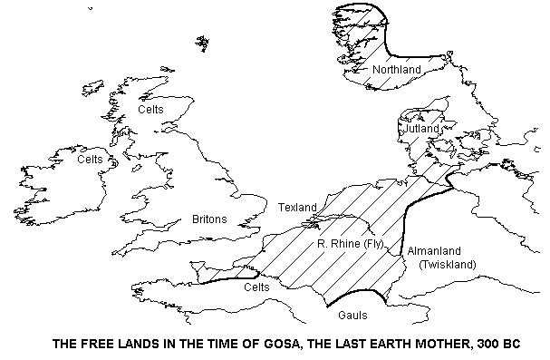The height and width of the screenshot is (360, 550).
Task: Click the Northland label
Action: tap(396, 69)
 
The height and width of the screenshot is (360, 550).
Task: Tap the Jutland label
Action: tap(421, 130)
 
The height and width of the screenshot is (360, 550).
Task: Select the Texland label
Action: tap(297, 208)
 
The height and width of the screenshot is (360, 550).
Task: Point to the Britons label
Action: tap(209, 219)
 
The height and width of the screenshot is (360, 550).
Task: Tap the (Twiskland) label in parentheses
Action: tap(447, 264)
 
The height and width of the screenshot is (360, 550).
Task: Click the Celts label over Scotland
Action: tap(151, 109)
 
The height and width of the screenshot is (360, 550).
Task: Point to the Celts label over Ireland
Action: tap(91, 160)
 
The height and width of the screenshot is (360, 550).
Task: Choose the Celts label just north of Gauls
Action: tap(260, 287)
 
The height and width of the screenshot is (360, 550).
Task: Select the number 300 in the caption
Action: tap(485, 344)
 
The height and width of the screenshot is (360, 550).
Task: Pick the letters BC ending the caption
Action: tap(512, 344)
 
